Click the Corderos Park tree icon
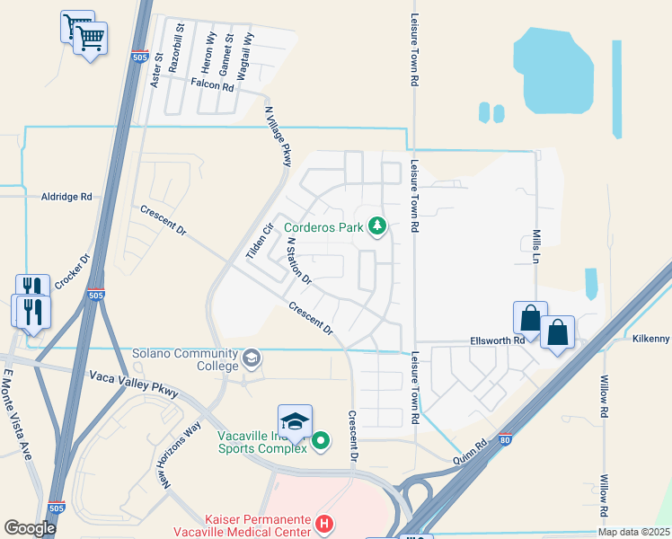(377, 226)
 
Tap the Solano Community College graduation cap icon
(252, 358)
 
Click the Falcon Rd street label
(213, 84)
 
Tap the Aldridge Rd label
(66, 197)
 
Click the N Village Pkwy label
(278, 137)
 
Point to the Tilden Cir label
(259, 242)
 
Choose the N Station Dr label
(298, 261)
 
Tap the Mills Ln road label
(541, 244)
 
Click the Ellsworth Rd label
(497, 340)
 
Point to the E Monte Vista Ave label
(18, 414)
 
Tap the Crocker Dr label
(74, 272)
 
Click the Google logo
(30, 528)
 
